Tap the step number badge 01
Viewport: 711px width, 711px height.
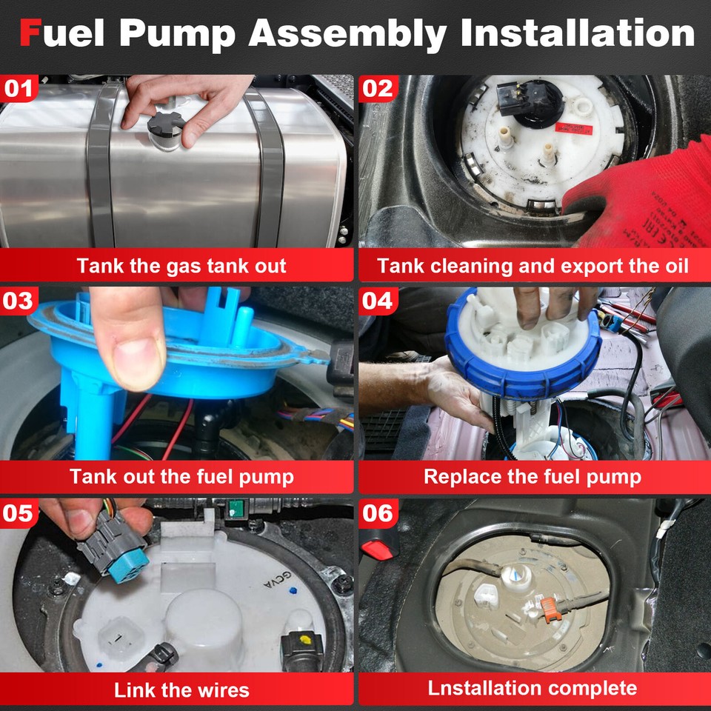tap(20, 89)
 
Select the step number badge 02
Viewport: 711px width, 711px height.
tap(378, 89)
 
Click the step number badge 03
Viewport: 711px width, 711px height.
tap(20, 301)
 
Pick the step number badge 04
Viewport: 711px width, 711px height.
tap(378, 301)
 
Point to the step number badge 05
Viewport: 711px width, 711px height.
tap(20, 513)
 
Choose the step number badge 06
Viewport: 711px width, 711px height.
tap(378, 513)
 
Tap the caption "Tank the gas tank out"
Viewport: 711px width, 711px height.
tap(181, 266)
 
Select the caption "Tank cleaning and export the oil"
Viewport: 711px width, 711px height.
tap(533, 266)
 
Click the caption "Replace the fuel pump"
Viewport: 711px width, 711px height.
tap(533, 476)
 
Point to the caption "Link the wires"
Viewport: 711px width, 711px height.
tap(181, 690)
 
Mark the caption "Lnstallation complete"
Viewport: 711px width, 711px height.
tap(533, 688)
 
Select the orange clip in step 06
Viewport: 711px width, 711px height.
tap(548, 608)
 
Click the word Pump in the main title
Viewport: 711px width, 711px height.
tap(189, 33)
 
